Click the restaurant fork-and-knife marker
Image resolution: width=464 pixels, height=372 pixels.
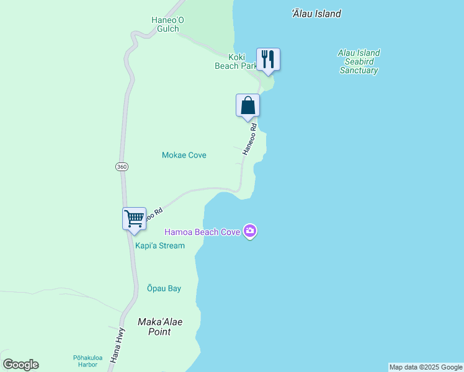coord(268,60)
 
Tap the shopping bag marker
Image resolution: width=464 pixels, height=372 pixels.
coord(248,105)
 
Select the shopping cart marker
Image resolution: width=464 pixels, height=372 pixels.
coord(134,218)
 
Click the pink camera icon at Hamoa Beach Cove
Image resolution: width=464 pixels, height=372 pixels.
coord(250,232)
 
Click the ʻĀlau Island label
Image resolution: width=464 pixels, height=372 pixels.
coord(316,14)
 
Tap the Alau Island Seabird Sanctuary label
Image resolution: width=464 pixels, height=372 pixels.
coord(359,61)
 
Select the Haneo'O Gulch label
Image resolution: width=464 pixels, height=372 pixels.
coord(167,24)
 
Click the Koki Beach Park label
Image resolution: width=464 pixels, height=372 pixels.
coord(236,61)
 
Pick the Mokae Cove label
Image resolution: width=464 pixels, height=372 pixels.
coord(184,155)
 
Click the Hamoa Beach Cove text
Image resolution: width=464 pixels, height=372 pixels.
coord(202,232)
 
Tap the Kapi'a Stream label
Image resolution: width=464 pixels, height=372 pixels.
coord(160,246)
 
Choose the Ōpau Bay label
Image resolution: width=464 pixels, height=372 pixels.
coord(164,288)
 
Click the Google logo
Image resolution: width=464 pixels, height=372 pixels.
coord(20,365)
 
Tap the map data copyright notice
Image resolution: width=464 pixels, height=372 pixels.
coord(426,367)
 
